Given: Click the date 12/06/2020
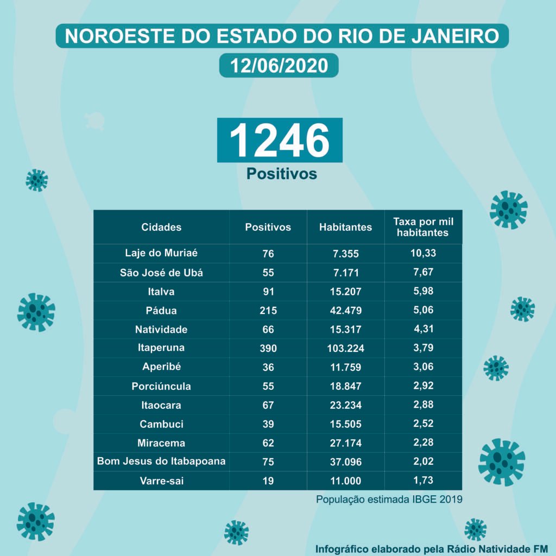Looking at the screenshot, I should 279,65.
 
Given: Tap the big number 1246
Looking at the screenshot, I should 280,140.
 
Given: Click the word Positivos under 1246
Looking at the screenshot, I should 281,174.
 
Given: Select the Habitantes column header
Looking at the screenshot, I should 345,227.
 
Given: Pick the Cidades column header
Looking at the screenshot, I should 161,227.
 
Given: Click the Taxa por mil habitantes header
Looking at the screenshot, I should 423,227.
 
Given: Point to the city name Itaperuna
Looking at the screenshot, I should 161,347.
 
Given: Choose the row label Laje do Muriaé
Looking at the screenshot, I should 161,253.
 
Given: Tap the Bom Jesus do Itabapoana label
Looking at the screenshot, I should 161,462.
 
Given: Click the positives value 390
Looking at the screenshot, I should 268,348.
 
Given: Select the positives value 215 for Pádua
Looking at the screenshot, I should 268,311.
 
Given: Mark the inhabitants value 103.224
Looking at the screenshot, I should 345,348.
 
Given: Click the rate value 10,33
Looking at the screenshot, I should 423,253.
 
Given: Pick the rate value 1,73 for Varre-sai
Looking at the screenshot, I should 423,481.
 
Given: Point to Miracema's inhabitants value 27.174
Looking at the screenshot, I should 345,443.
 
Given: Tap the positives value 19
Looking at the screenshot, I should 268,481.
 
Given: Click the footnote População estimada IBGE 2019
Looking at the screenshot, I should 389,499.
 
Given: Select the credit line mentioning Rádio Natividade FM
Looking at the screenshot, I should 432,547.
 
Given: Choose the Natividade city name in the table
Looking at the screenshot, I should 161,329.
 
